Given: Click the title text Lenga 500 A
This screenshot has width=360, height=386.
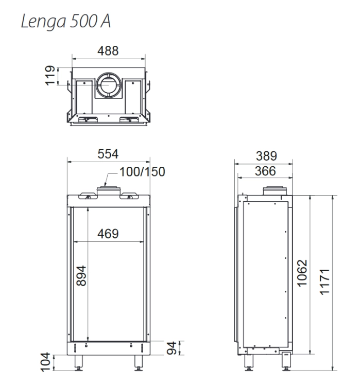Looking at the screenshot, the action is point(66,21).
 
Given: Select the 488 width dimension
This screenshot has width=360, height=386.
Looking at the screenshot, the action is point(108,51).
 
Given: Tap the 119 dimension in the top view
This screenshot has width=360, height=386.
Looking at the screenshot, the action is point(50,76).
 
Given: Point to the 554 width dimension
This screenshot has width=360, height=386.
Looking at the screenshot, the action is point(108,154).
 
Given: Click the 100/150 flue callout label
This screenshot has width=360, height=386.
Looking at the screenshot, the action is point(142,172).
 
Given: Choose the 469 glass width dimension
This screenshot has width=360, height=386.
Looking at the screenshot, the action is point(108,234).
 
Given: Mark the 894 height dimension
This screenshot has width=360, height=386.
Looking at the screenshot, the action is point(81,275).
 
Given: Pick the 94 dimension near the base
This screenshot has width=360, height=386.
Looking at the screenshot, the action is point(172,348).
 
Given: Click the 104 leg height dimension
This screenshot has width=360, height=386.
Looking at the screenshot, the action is point(46,362).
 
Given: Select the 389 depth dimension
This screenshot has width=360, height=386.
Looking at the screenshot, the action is point(266,156).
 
